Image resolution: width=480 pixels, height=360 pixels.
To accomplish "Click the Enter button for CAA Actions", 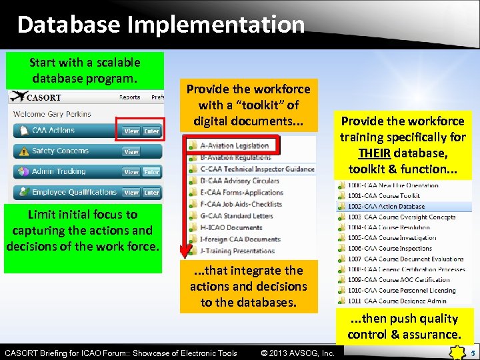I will pyautogui.click(x=152, y=131).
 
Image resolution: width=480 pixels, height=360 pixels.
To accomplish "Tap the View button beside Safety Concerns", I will pyautogui.click(x=132, y=152).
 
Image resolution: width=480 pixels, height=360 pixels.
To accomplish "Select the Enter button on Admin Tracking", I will pyautogui.click(x=152, y=172).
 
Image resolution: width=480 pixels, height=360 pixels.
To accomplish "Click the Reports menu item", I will pyautogui.click(x=129, y=97).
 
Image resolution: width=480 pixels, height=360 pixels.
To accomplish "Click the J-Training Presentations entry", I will pyautogui.click(x=237, y=251).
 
